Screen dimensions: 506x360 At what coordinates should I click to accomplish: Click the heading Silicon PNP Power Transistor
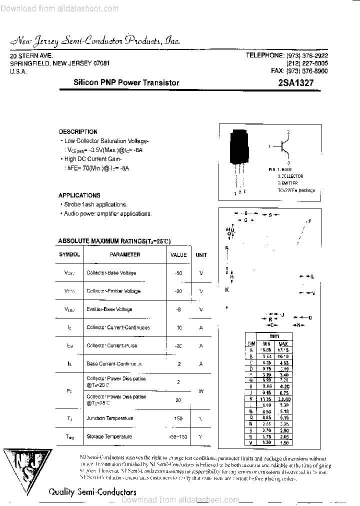pos(126,83)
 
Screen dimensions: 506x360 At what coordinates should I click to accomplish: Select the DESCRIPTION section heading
pos(78,132)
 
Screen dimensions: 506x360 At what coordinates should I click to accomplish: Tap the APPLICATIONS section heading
pos(79,195)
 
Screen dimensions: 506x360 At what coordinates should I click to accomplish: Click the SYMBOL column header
pos(69,254)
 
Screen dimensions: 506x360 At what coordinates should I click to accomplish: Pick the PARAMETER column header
pos(125,254)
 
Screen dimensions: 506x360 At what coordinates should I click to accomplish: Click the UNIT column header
pos(201,255)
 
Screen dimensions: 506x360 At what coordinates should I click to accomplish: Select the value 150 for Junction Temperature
pos(178,418)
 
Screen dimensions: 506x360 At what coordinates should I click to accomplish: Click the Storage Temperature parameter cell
pos(109,436)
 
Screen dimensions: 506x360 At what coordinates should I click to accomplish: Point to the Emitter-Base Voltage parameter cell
pos(109,309)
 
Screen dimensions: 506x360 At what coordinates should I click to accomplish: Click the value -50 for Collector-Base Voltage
pos(178,273)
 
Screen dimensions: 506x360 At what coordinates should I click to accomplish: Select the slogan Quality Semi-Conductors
pos(92,492)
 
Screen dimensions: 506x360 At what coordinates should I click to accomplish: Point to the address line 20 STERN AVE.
pos(31,56)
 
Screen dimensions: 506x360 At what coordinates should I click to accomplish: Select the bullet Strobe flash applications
pos(95,204)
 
